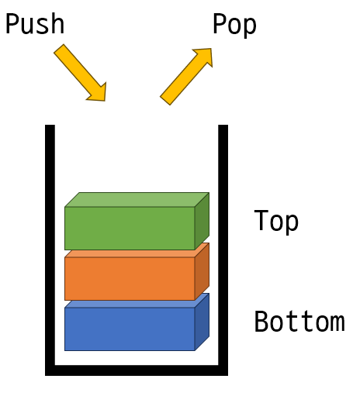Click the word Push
(35, 23)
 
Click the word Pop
(234, 24)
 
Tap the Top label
(276, 221)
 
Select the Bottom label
(299, 322)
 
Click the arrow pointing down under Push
(80, 73)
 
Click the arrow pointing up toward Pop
(186, 77)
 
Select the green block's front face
(130, 229)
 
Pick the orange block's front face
(130, 278)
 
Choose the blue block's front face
(130, 329)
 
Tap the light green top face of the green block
(137, 199)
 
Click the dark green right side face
(202, 221)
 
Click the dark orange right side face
(202, 271)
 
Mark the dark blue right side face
(202, 322)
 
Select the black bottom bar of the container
(137, 370)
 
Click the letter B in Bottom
(261, 322)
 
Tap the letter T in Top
(261, 219)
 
